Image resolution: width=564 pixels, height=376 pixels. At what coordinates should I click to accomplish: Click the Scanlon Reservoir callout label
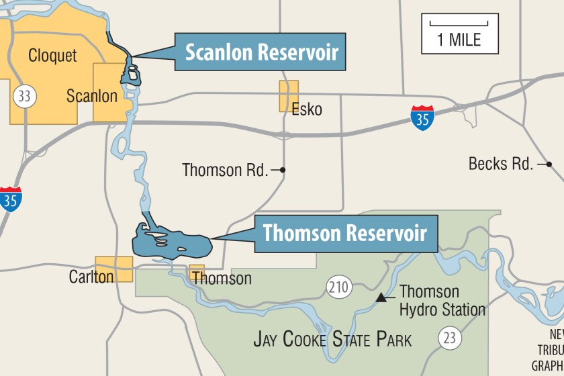261,52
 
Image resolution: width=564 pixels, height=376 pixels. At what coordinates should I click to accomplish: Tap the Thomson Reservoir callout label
345,234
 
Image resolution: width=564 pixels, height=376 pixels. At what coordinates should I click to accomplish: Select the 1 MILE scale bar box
460,33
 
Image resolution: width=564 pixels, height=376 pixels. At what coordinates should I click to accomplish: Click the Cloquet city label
52,55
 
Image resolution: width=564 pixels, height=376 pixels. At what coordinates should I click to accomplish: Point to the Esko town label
307,109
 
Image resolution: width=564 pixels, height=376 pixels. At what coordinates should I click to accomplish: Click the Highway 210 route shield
340,288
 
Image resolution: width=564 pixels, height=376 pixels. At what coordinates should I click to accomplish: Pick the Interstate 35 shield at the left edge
10,199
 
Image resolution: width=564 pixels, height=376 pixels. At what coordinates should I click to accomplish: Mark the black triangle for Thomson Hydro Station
381,297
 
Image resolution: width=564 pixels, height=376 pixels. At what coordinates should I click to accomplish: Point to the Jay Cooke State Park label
332,339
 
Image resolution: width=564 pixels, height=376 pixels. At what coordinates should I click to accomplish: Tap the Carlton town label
91,276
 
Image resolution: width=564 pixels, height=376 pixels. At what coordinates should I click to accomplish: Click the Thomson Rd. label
224,171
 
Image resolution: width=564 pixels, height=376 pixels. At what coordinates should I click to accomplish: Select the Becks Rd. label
501,163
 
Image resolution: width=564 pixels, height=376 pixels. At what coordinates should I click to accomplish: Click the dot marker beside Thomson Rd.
283,171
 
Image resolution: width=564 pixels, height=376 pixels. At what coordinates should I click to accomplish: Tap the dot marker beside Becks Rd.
549,164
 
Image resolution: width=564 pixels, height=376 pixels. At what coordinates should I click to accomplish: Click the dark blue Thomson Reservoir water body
171,243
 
